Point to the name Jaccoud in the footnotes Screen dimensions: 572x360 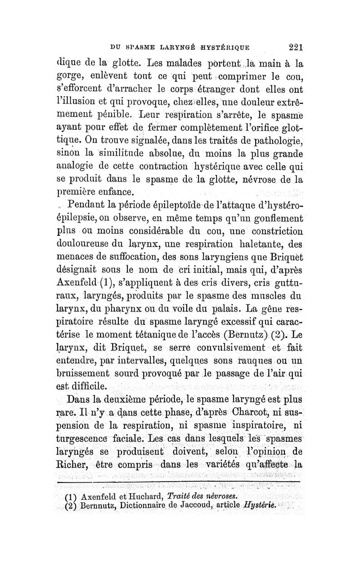(x=202, y=505)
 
